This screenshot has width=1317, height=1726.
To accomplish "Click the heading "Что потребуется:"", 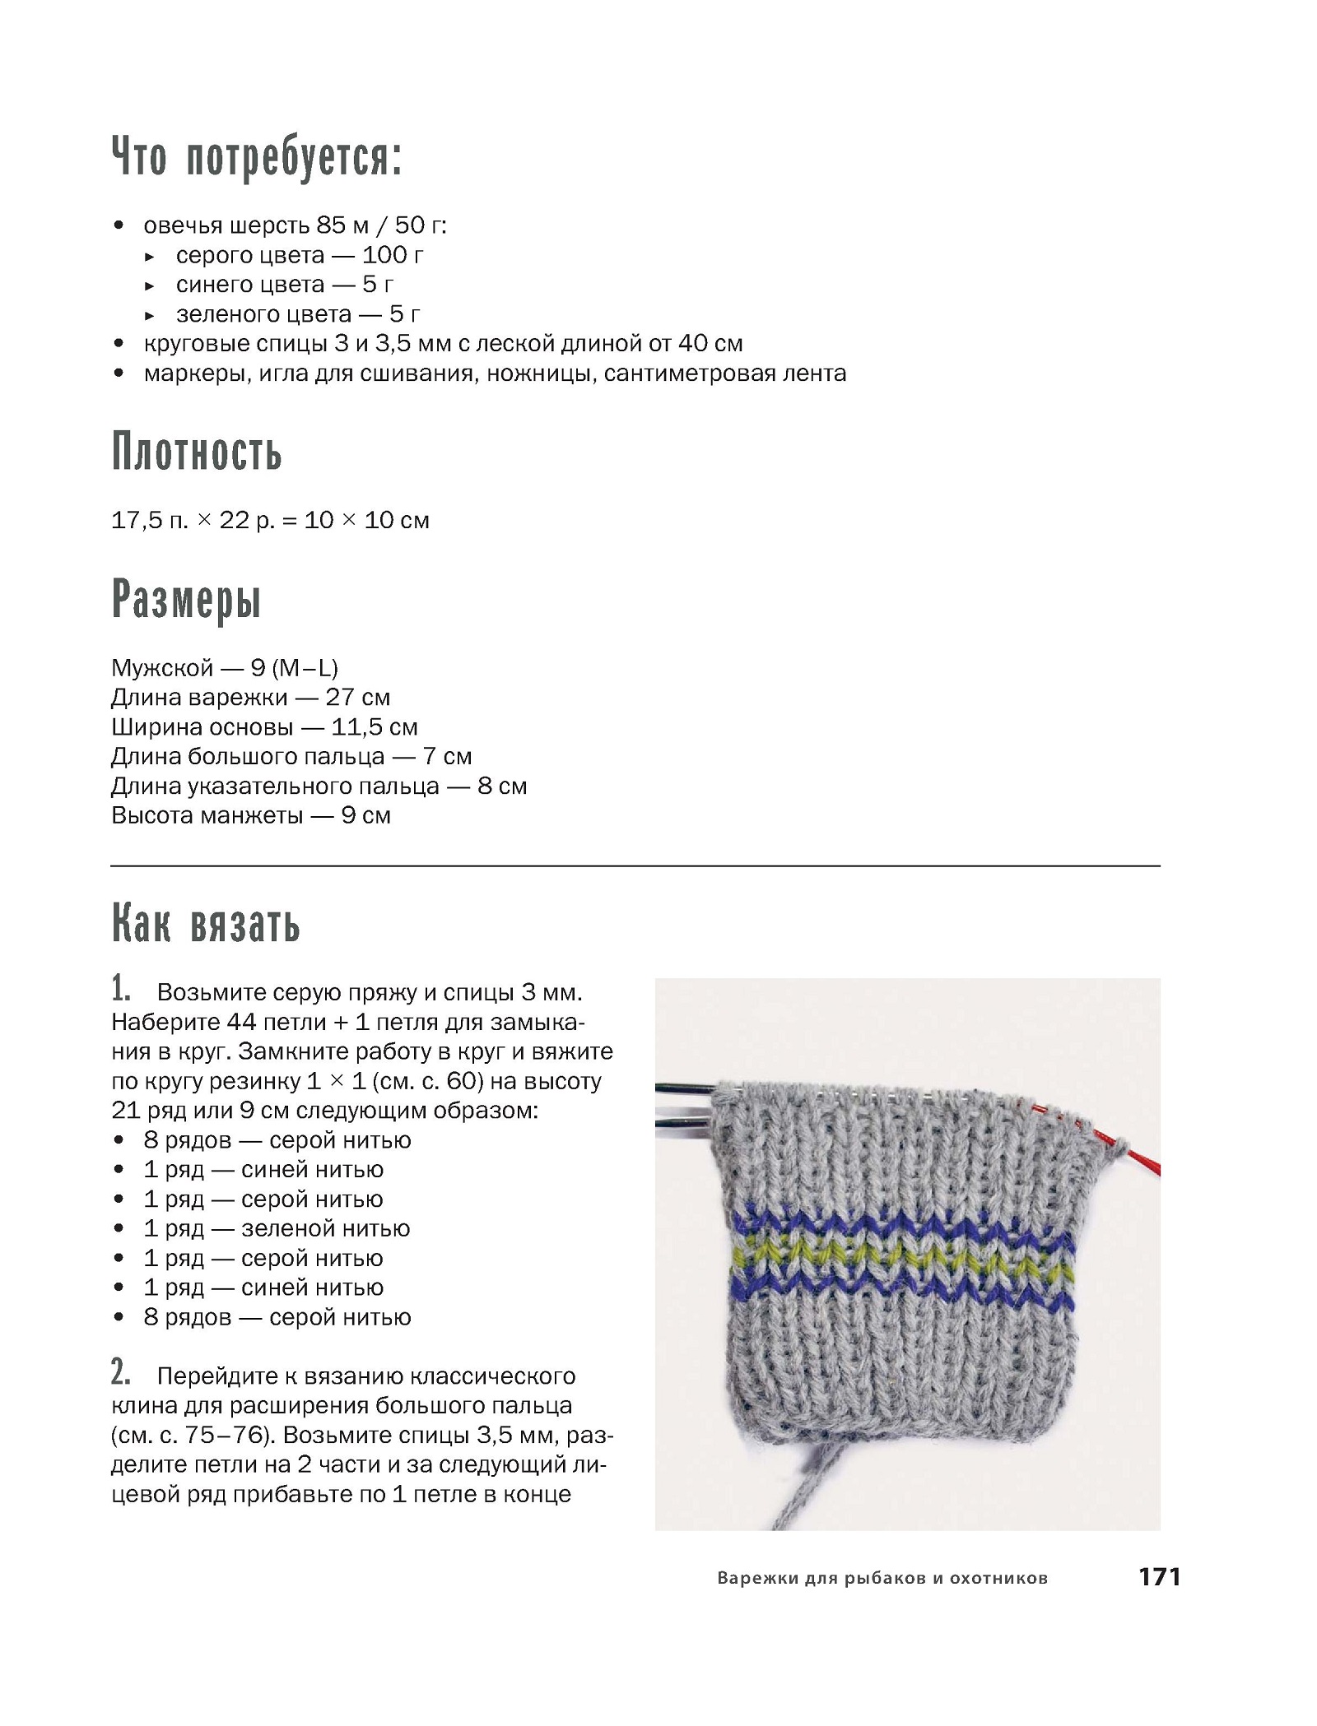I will tap(256, 157).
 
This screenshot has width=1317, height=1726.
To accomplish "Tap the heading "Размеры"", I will tap(187, 600).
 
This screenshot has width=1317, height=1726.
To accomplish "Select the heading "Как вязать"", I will tap(206, 924).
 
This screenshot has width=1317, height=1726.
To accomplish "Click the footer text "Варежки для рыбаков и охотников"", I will tap(882, 1578).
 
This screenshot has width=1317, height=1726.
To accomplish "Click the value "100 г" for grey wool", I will tap(393, 255).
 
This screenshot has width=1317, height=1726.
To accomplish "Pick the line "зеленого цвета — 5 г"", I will tap(298, 314).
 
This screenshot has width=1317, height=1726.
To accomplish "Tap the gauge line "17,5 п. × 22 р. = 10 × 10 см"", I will tap(270, 521).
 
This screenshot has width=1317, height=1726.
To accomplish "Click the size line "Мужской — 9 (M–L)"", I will tap(225, 667).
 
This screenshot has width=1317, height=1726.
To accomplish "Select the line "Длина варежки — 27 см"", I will tap(250, 698).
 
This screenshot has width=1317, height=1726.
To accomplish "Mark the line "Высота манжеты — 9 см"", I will tap(250, 816).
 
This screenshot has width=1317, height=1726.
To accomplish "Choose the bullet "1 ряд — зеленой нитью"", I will tap(276, 1229).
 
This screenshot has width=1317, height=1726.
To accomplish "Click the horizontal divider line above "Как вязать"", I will tap(635, 866).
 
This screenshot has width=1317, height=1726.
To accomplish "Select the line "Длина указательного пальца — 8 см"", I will tap(319, 786).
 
